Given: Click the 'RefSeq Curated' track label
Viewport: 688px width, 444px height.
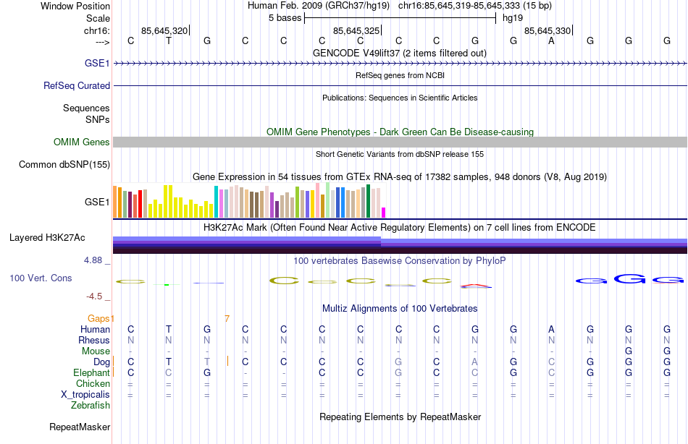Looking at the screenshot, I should point(77,85).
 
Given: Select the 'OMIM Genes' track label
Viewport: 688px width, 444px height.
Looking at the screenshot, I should point(82,142).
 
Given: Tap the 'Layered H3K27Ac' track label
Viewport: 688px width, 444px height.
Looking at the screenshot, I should point(47,237).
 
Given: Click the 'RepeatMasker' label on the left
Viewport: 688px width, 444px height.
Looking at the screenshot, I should point(80,427).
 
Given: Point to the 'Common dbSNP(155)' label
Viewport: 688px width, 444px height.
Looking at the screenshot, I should point(64,165).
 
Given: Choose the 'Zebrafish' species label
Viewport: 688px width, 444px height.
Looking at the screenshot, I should point(91,406).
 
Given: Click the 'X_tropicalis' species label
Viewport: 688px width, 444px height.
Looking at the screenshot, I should point(85,395).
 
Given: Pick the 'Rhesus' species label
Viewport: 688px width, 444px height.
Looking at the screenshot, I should point(95,341).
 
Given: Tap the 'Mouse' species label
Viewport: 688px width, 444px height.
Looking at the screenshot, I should point(96,351).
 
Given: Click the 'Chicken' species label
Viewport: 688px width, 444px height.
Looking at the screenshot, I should point(93,384).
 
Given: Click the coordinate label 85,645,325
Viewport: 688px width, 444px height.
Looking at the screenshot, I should point(356,30).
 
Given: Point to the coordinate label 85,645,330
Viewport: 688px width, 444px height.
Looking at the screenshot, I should point(548,30).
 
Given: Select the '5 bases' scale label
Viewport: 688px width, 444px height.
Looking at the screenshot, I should point(282,18).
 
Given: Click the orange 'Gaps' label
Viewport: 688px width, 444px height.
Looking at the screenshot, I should point(101,318).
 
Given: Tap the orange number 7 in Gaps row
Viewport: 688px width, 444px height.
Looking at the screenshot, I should point(227,318).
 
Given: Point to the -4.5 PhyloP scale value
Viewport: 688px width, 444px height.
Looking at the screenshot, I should point(97,296).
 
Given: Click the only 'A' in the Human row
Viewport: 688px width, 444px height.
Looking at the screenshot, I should point(552,330).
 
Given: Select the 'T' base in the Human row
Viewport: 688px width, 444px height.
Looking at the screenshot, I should point(169,330).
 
